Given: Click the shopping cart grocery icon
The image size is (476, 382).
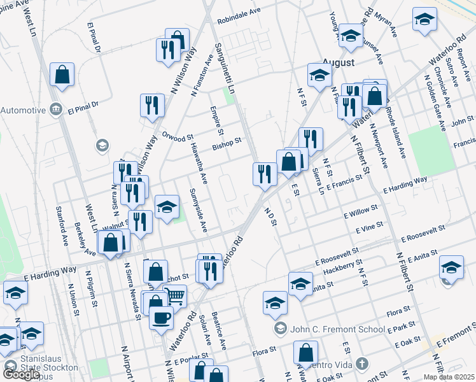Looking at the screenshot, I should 175,296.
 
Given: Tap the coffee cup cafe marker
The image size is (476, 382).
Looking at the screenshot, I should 162,316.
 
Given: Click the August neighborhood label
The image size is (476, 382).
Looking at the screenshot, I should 337,62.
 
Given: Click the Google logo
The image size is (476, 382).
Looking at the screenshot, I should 21,374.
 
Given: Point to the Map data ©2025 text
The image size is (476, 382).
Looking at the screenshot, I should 449,377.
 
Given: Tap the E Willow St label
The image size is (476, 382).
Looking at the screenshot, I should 360,211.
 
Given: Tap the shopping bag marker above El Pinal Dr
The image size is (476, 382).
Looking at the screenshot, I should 62,74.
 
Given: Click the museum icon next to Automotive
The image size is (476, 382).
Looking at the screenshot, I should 55,109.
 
